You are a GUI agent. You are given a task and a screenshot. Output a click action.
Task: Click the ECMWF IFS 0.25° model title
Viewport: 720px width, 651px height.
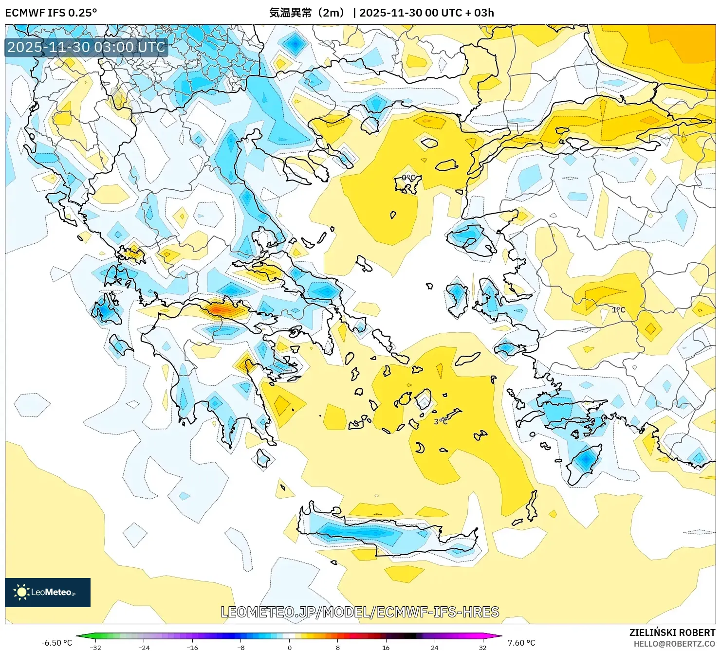[x=51, y=13]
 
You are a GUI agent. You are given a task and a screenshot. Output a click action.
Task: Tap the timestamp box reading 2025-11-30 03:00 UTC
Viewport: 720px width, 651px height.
[x=86, y=47]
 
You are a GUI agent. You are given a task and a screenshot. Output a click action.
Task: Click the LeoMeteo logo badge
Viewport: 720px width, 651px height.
[x=48, y=592]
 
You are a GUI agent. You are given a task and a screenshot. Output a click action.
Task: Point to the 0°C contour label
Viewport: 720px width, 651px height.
[x=408, y=178]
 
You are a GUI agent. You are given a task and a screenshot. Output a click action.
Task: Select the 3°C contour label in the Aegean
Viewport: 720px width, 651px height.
[x=441, y=421]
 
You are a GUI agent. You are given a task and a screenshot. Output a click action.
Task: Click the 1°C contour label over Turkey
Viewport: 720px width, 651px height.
[x=618, y=310]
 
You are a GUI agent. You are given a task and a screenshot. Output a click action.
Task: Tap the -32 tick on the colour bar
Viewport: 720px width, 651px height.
[x=95, y=647]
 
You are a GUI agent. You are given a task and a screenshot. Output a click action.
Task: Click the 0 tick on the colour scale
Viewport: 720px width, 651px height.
[x=290, y=647]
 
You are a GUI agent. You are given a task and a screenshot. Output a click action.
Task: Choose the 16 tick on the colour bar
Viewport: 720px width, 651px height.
[x=386, y=647]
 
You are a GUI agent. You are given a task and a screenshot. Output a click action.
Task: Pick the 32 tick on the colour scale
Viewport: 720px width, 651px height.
[x=482, y=647]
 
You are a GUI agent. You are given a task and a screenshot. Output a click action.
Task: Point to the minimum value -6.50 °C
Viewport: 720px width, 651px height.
[x=56, y=643]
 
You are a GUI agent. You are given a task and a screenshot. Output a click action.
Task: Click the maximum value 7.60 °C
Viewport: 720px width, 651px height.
[x=521, y=643]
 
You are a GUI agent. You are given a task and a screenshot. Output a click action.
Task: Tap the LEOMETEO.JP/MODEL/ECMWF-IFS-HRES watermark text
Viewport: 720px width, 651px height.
[x=360, y=612]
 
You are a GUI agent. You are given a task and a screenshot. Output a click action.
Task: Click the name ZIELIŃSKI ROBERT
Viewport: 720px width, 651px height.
[x=672, y=633]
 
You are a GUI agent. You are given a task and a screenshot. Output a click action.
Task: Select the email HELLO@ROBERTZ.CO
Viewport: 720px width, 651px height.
[x=674, y=644]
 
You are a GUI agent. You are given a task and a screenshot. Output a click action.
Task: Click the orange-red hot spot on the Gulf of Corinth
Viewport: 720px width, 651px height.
[x=222, y=309]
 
